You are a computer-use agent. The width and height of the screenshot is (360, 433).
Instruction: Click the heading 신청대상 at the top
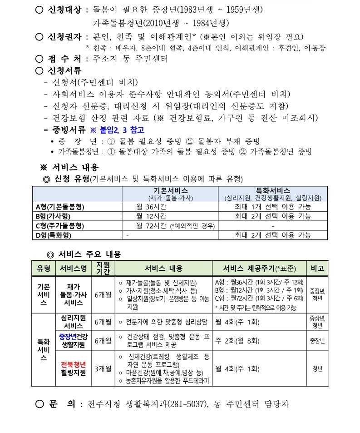[65, 9]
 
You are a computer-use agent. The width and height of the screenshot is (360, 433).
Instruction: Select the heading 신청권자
[65, 36]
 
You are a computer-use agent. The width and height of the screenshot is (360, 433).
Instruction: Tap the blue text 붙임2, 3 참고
[110, 129]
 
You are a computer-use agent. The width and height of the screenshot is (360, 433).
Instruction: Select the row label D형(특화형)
[54, 235]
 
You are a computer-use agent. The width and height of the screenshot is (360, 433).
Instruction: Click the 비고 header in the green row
[316, 268]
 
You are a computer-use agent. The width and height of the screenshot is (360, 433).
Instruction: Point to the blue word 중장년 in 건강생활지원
[67, 336]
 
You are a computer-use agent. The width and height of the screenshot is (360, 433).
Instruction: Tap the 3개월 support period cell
[103, 368]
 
